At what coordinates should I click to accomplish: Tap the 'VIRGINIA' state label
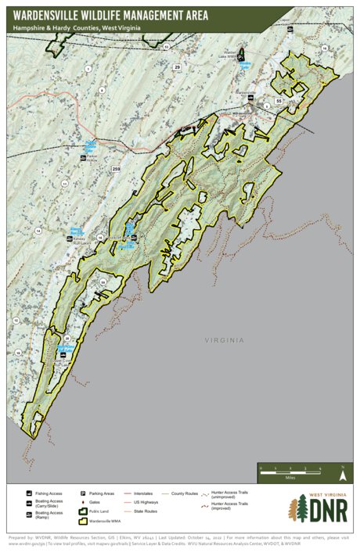point(224,340)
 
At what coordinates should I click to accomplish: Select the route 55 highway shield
point(278,102)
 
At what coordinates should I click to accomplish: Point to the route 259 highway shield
point(117,169)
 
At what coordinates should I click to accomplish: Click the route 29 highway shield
point(177,68)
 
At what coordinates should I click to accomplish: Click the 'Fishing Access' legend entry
point(47,493)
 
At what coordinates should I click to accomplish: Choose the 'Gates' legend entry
point(97,503)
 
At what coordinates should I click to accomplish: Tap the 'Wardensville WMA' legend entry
point(107,520)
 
